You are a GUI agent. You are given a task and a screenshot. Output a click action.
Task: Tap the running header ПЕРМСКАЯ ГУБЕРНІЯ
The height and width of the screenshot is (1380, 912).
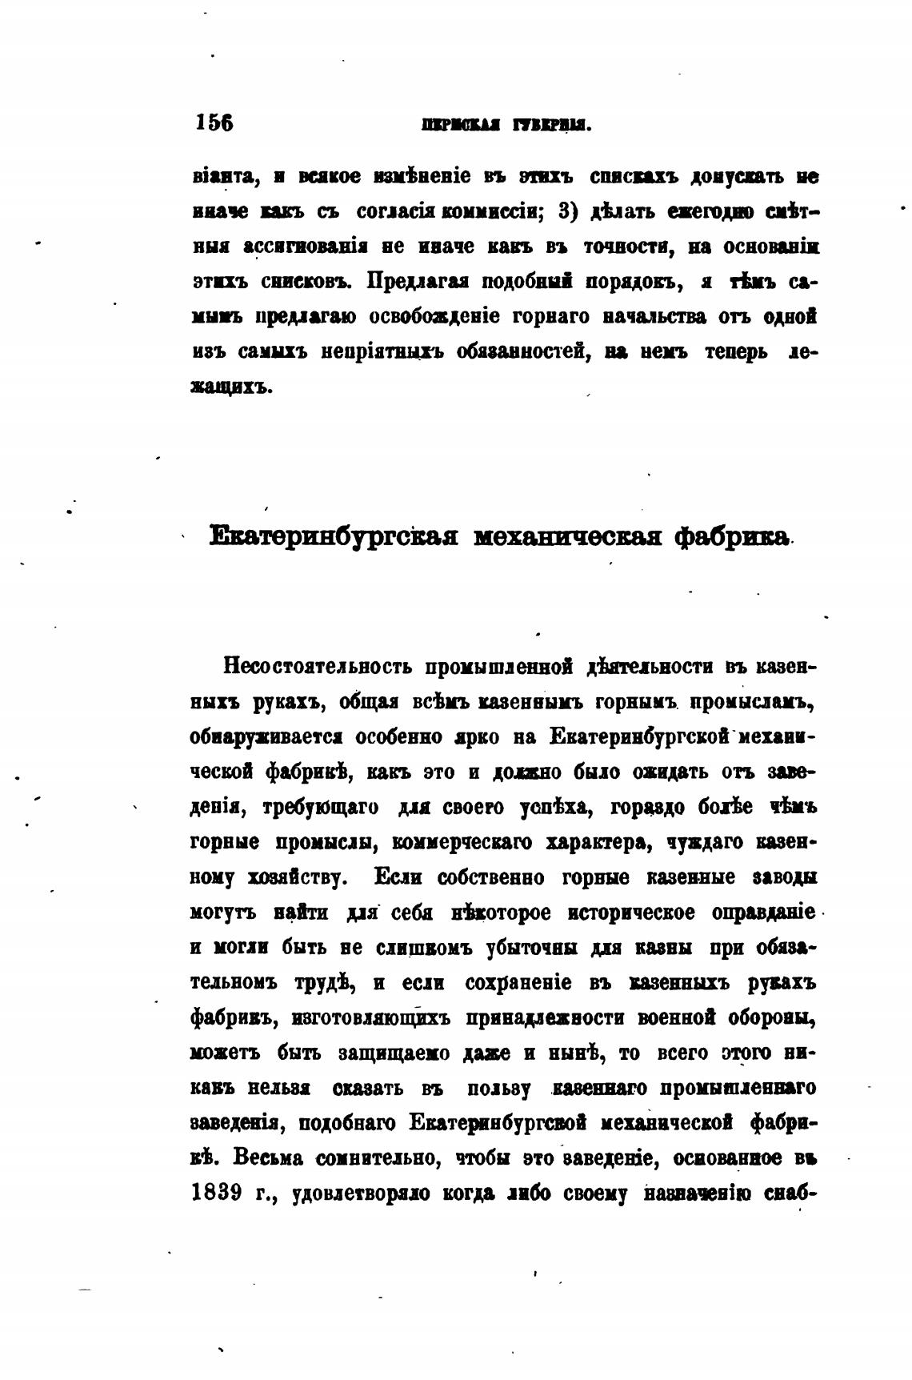pos(505,125)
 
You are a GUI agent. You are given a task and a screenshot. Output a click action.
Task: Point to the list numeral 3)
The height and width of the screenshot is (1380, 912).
pos(567,212)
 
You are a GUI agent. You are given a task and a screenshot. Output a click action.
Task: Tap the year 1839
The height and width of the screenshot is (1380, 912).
pos(218,1193)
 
